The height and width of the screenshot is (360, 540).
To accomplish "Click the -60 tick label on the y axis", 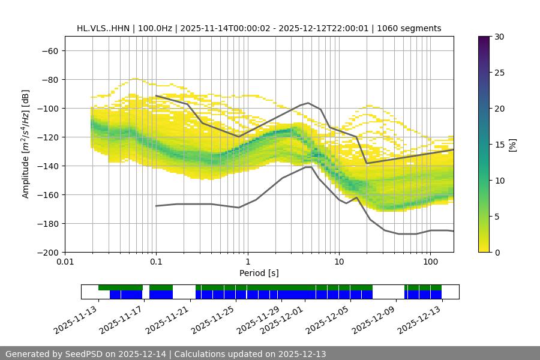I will click(49, 50).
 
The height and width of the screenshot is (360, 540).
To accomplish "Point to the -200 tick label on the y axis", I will click(47, 252).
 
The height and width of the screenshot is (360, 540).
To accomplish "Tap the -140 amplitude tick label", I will click(47, 166).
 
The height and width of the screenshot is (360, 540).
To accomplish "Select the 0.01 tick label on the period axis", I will click(65, 262).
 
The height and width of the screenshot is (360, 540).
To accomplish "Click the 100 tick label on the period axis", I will click(430, 262).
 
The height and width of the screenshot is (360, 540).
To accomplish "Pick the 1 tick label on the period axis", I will click(247, 262).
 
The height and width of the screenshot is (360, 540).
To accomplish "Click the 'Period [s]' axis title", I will click(259, 273).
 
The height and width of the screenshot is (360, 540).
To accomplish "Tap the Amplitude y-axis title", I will click(26, 144).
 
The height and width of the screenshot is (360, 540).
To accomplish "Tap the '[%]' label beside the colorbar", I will click(512, 145).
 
